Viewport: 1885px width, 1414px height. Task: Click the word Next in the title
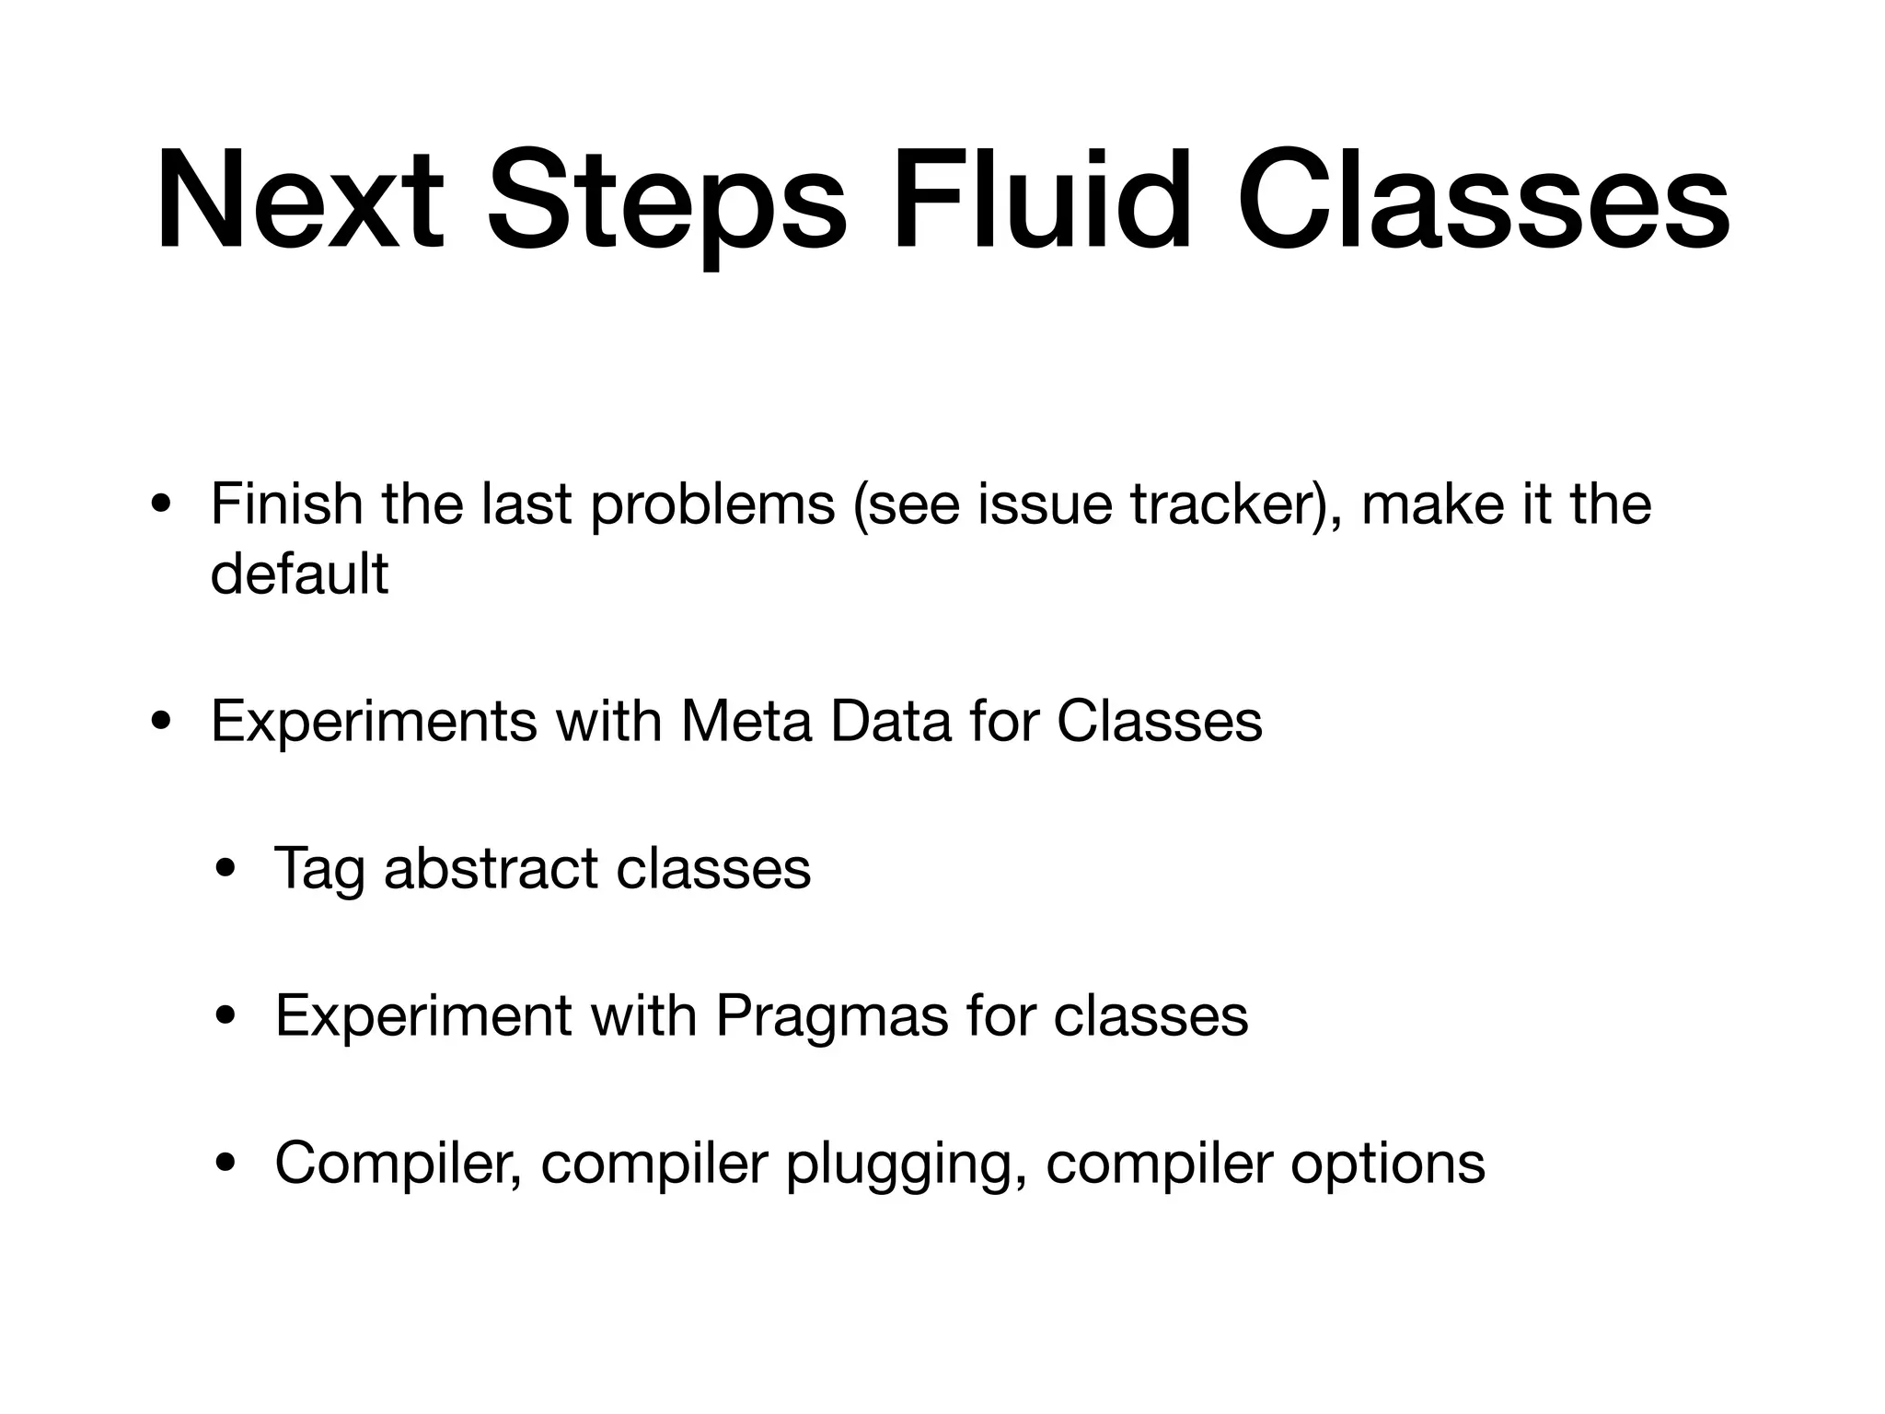tap(300, 200)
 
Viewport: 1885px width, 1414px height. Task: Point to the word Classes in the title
tap(1483, 200)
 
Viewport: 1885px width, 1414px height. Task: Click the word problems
tap(712, 506)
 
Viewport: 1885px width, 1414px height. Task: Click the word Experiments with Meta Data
tap(374, 723)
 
